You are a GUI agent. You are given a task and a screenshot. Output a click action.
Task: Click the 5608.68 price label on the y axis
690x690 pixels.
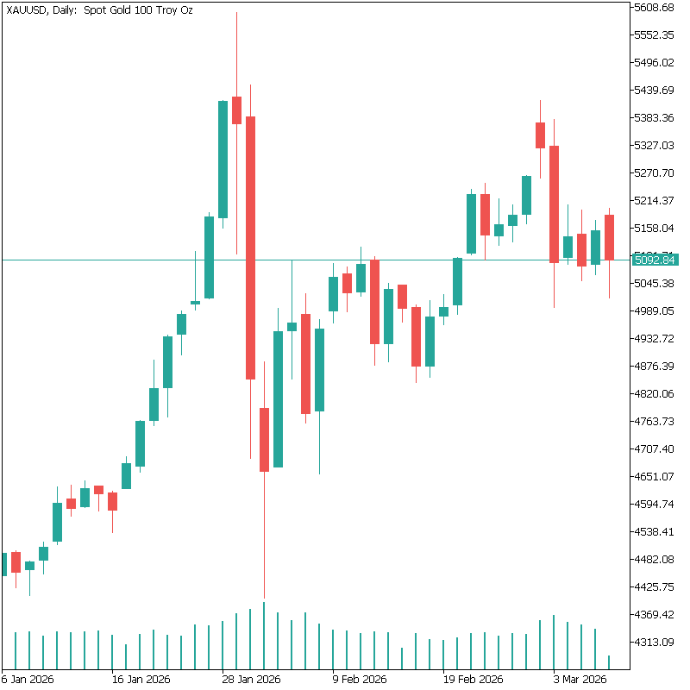(653, 8)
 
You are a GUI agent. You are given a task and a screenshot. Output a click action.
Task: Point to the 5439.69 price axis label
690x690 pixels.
(653, 91)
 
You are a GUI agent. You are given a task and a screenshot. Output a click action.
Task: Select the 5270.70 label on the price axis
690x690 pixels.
(653, 173)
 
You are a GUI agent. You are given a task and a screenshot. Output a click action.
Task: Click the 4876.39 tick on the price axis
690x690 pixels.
(653, 367)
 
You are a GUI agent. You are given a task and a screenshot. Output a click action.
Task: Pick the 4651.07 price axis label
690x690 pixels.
(653, 477)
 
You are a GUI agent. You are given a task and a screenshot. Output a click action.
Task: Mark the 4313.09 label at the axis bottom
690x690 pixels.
(653, 643)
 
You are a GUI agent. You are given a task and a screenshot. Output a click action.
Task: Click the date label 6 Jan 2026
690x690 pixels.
(28, 680)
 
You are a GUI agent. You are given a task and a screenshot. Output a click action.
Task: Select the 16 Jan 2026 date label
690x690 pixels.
(141, 680)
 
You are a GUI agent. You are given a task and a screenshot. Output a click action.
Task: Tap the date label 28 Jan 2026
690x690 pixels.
(251, 680)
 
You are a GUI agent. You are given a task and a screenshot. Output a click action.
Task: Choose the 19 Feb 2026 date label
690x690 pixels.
(472, 680)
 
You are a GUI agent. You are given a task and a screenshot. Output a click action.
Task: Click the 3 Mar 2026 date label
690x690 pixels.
(580, 680)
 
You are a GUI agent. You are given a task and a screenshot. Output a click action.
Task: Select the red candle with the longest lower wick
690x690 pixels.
(264, 440)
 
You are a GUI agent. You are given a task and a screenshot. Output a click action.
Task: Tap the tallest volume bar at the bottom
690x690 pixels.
(264, 635)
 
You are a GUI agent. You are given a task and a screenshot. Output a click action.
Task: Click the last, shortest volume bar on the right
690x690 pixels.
(609, 662)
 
